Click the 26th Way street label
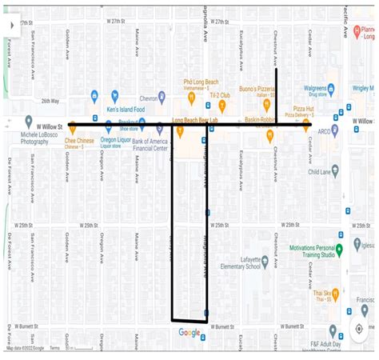coord(50,102)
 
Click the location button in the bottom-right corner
coord(359,329)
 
